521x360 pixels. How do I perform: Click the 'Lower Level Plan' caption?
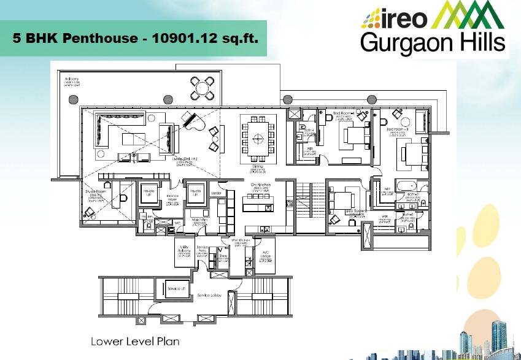click(x=135, y=341)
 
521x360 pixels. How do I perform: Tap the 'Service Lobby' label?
click(x=209, y=296)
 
